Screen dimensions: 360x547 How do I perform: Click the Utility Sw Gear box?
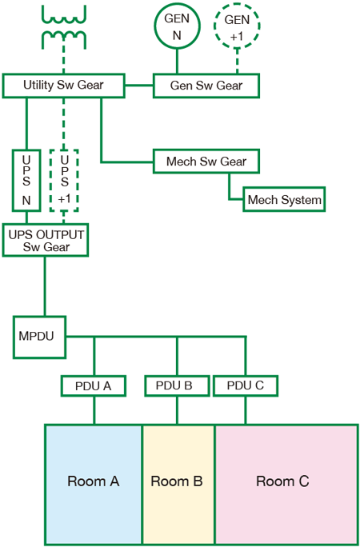[x=63, y=86]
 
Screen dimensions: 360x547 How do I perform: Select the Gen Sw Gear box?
[x=206, y=86]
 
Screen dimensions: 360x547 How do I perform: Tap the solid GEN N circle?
[x=178, y=25]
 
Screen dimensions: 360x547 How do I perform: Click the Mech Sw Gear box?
[x=206, y=162]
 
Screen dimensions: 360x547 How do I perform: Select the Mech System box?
[x=284, y=199]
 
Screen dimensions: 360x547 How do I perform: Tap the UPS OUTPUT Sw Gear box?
[x=46, y=241]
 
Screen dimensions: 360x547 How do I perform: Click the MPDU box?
[x=39, y=337]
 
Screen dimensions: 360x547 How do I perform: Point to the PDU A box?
[x=93, y=385]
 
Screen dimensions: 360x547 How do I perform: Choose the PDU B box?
[x=177, y=385]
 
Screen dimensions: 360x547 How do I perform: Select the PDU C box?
[x=246, y=385]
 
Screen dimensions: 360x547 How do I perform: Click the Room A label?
[x=93, y=481]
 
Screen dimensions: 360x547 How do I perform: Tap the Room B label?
[x=177, y=481]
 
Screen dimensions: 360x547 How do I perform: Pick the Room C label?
[x=282, y=481]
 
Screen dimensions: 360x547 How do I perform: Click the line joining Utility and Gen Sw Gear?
[x=139, y=85]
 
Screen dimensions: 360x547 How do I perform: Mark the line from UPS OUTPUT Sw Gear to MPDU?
[x=45, y=286]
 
